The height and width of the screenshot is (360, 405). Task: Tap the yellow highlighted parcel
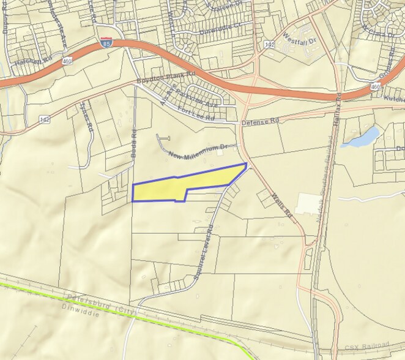(184, 186)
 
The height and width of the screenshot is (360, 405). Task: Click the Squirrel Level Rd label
(203, 251)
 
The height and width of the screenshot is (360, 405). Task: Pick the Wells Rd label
(281, 206)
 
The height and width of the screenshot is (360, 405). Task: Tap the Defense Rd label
(259, 121)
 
